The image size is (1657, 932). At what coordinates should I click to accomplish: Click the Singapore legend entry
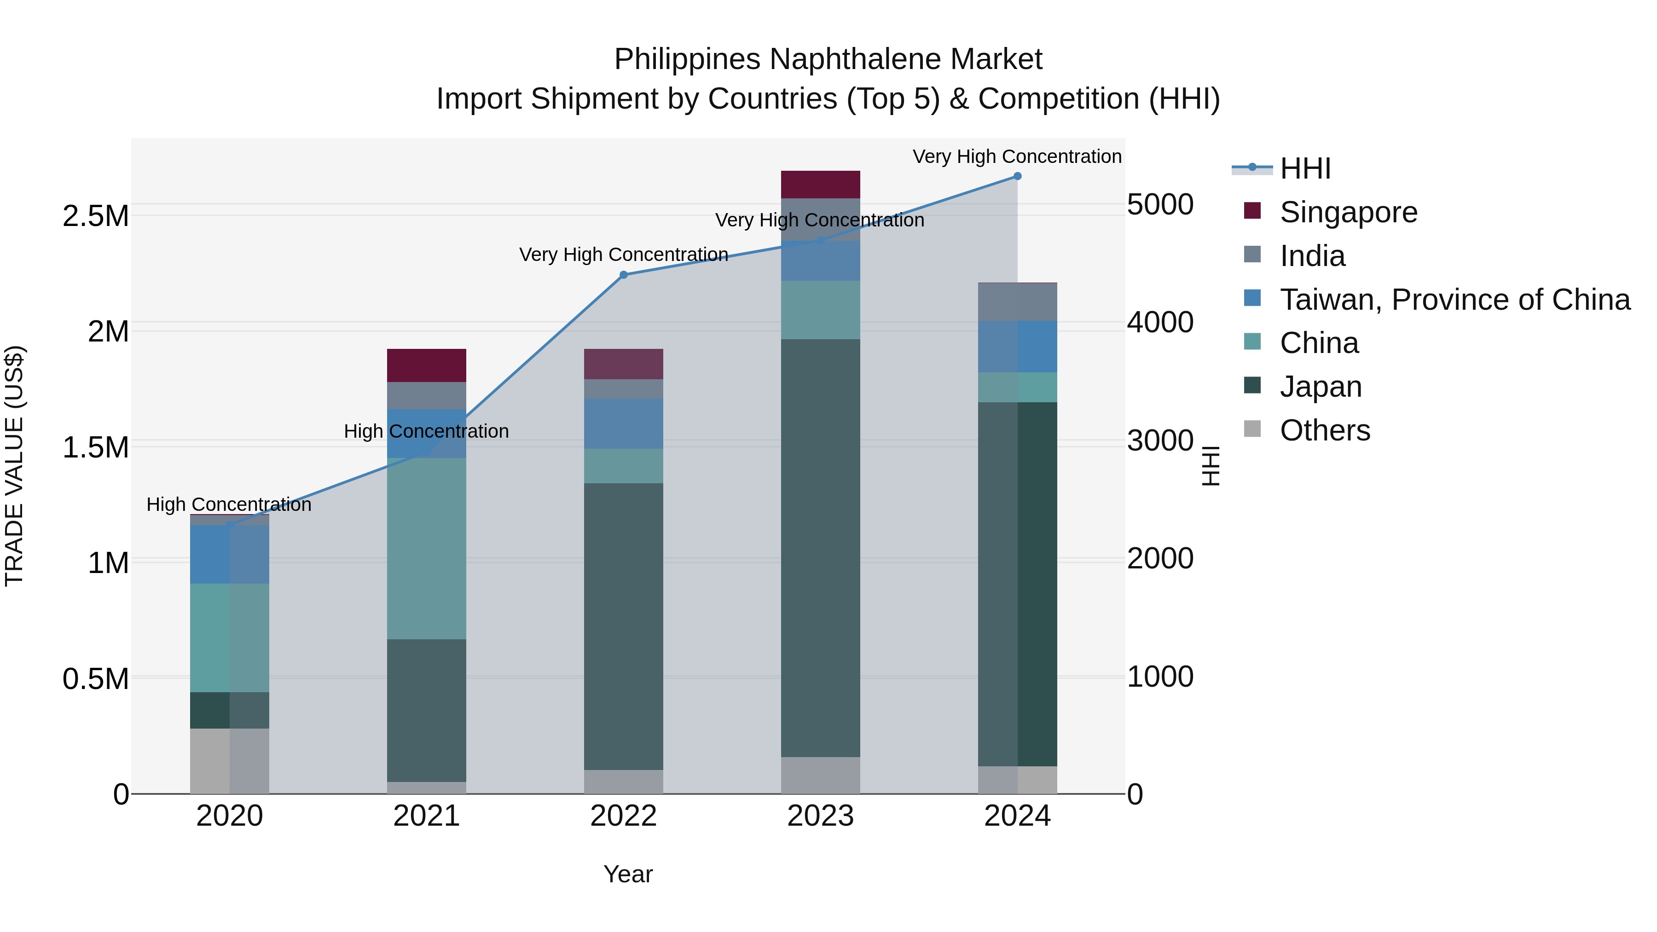1348,212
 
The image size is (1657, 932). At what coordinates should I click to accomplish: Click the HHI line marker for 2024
1017,176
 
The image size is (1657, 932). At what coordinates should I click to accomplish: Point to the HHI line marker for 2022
623,275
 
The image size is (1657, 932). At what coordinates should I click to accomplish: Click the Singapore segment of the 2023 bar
820,185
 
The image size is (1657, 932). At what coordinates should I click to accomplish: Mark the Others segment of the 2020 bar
229,761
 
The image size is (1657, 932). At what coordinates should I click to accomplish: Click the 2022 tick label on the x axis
623,816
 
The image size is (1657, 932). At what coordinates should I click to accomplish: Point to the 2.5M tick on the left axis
96,216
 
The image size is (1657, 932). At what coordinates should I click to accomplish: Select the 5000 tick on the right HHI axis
1160,204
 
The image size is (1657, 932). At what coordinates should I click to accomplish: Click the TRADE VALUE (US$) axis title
14,466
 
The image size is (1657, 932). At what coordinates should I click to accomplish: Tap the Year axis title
628,874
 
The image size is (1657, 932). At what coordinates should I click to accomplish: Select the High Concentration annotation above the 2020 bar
229,504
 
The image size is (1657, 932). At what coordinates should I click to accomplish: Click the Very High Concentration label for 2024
1016,156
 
